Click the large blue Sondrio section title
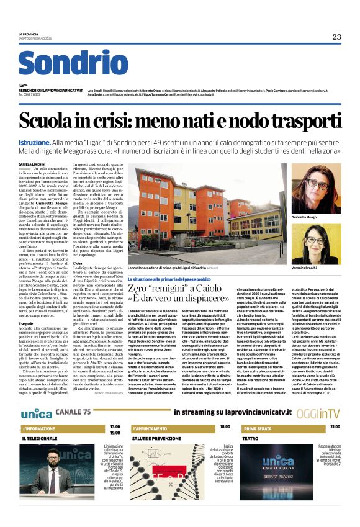tap(73, 65)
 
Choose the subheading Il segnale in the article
tap(26, 323)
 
